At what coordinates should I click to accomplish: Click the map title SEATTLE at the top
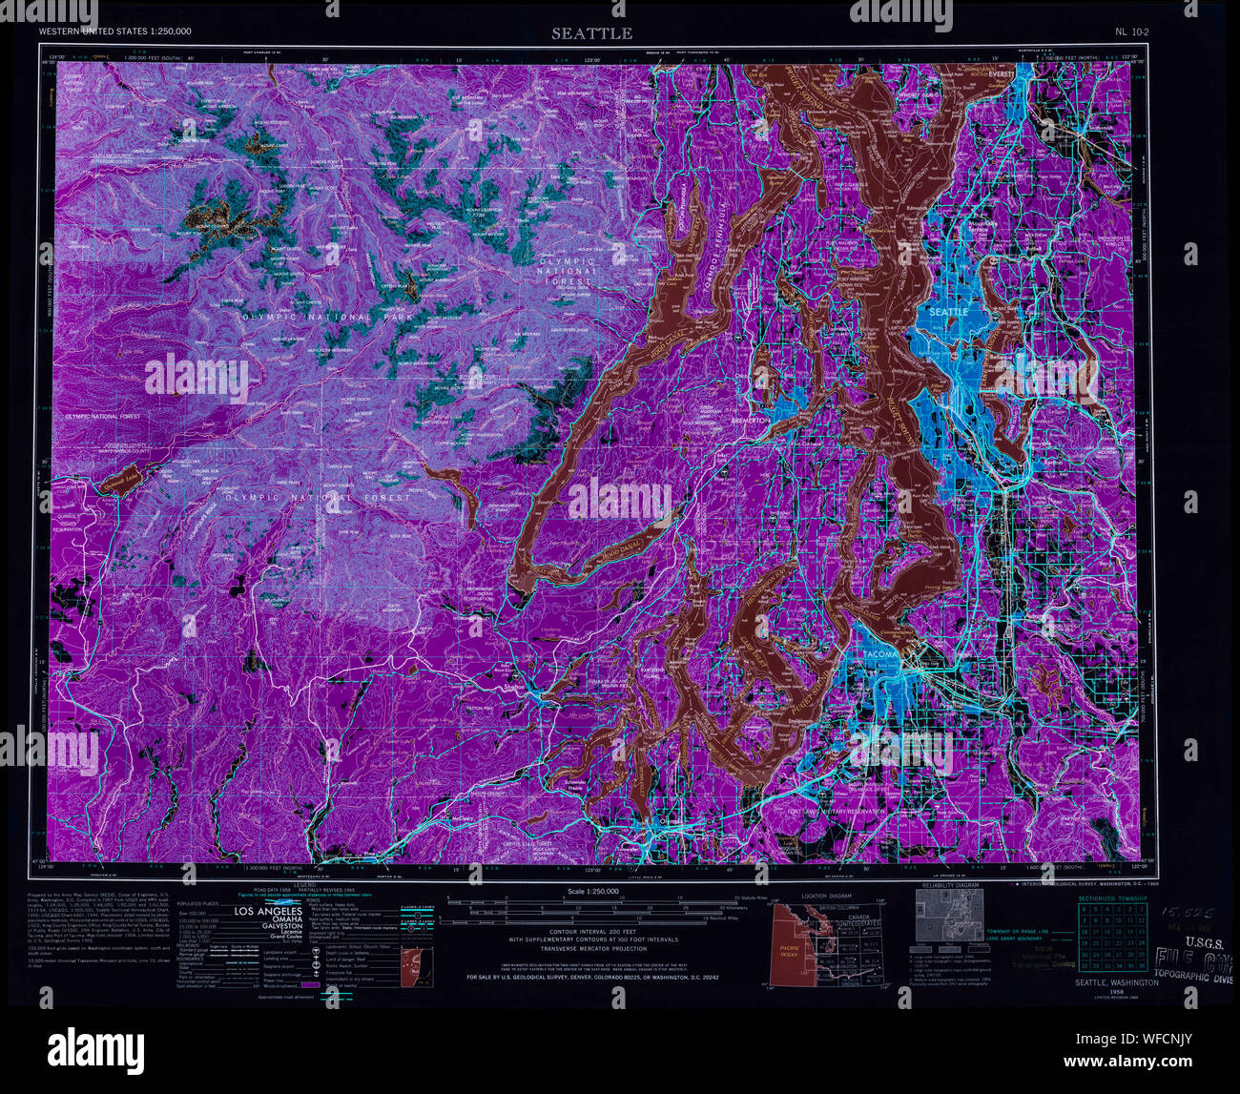[x=590, y=33]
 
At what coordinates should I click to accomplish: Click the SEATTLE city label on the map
[x=948, y=312]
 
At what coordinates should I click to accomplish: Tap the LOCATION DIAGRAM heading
[x=828, y=897]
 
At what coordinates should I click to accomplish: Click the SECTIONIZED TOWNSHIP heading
[x=1111, y=898]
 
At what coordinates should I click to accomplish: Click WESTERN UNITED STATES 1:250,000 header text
[x=114, y=31]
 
